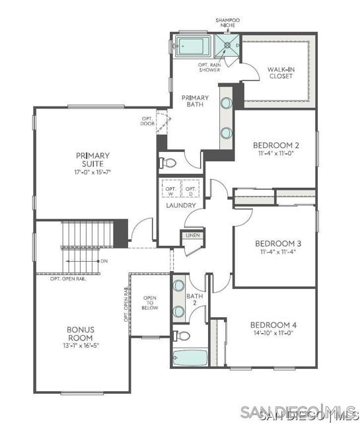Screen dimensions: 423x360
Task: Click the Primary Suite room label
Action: (x=92, y=160)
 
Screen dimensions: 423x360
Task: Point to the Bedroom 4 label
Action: (x=273, y=325)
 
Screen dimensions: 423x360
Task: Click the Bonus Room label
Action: (x=80, y=333)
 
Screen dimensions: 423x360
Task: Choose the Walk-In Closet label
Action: (x=280, y=72)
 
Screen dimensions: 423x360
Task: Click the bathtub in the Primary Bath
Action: (x=192, y=47)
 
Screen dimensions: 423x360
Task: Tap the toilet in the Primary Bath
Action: (x=168, y=162)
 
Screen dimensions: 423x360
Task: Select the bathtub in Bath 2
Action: (x=190, y=357)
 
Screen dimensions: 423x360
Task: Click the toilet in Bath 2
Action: (x=179, y=336)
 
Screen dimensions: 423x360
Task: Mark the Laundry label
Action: (x=180, y=206)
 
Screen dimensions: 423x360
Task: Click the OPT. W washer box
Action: (x=170, y=190)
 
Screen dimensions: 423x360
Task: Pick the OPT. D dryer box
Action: (x=190, y=190)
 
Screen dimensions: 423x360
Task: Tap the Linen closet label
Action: (x=193, y=235)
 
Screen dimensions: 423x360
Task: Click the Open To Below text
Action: (x=150, y=303)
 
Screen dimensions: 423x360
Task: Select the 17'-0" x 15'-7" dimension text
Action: (x=92, y=172)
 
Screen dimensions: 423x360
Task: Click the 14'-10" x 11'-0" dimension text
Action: (x=273, y=335)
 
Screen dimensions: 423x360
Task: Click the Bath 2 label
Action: (x=194, y=299)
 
